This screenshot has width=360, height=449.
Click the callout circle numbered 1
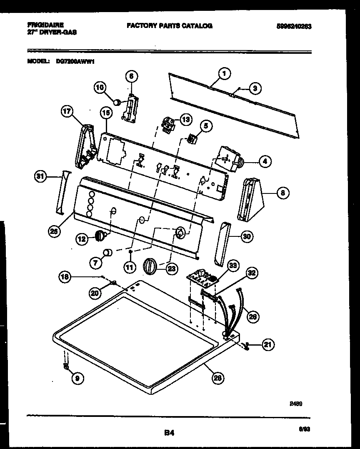(224, 74)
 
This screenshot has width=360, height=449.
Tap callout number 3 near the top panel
(255, 88)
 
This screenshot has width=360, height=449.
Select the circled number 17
(67, 112)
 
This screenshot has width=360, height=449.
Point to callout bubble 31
(40, 176)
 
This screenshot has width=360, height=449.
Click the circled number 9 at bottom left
(77, 378)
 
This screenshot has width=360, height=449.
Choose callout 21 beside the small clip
(269, 344)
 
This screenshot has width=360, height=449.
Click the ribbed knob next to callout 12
(100, 237)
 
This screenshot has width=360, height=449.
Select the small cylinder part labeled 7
(108, 252)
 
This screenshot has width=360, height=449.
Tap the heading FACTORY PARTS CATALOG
(169, 26)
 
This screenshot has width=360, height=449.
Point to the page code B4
(169, 433)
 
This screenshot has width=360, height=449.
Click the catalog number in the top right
(294, 26)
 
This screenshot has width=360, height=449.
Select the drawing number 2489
(296, 404)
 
